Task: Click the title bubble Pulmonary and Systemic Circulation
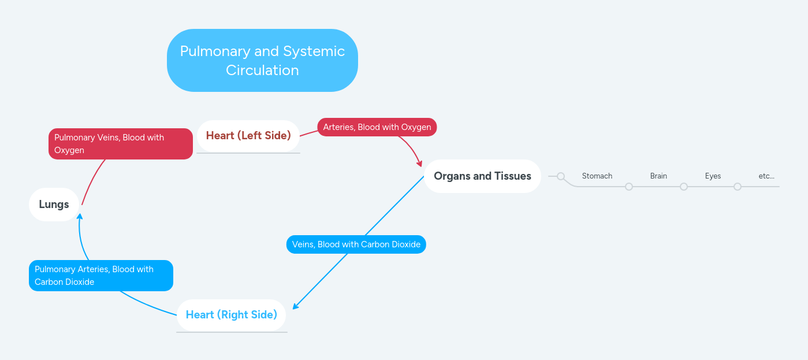262,60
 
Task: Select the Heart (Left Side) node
248,135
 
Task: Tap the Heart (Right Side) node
231,314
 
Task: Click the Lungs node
54,204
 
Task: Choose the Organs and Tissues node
482,176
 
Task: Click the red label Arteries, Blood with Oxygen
377,127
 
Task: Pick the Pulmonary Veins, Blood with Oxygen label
120,144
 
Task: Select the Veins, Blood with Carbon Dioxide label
356,244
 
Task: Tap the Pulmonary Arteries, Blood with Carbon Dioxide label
100,276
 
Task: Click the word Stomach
597,176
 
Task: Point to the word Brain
658,176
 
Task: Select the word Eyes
713,176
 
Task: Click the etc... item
766,176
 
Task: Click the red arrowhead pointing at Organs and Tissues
420,164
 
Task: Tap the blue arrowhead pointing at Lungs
80,217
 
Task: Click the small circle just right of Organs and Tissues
561,176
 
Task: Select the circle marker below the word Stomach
629,187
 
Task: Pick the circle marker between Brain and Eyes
684,187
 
